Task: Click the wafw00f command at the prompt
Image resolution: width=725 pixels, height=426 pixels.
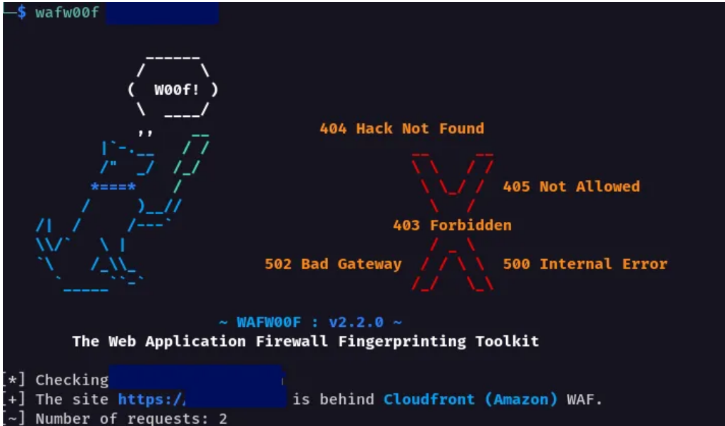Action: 67,13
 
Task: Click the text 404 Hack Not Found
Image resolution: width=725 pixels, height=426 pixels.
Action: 402,128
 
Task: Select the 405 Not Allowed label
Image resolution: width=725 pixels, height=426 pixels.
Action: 571,186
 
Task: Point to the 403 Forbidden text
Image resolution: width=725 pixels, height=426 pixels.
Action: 452,225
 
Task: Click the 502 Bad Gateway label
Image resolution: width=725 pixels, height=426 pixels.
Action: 333,264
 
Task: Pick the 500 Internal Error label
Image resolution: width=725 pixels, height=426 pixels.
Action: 585,264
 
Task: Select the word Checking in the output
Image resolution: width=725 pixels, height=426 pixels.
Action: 72,380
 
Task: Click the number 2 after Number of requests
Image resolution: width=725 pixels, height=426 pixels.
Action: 223,418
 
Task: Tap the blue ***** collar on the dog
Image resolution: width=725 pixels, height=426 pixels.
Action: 113,187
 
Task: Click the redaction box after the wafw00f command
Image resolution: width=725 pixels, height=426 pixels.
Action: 162,13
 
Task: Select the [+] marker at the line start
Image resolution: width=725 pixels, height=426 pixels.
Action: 14,399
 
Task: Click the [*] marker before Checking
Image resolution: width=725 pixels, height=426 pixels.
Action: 14,380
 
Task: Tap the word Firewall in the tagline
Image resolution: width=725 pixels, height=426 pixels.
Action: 287,341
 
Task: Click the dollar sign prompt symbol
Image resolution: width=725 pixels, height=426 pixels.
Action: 21,13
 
